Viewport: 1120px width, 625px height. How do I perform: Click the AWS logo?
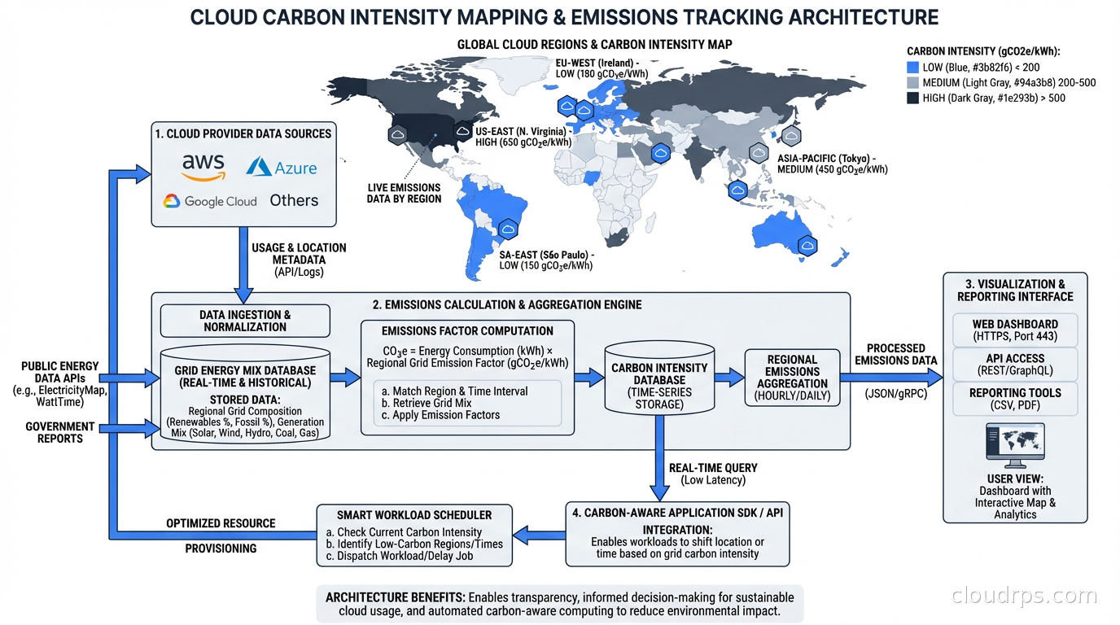203,166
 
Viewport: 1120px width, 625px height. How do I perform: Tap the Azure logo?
282,167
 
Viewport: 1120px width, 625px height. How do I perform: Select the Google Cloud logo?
210,201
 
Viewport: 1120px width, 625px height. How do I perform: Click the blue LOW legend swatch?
912,68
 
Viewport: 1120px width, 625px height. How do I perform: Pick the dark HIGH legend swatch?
912,98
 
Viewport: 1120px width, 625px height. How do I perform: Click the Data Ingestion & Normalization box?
245,321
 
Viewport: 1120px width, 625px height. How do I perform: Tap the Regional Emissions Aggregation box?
792,378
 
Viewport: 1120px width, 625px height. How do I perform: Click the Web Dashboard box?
1015,330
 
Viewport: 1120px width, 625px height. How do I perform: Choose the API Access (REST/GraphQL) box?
1015,365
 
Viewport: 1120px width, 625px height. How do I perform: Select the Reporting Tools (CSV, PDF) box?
1015,399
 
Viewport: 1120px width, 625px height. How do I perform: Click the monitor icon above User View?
1014,444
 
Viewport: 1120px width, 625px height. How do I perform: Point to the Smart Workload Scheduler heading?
414,514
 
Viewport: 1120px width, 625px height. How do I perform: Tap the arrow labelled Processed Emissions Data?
891,377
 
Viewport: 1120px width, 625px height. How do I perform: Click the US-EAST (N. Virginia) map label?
523,136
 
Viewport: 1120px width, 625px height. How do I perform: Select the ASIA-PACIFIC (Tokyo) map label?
832,164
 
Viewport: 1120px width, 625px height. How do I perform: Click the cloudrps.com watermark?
1024,596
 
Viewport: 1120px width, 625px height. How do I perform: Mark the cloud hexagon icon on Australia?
807,243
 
